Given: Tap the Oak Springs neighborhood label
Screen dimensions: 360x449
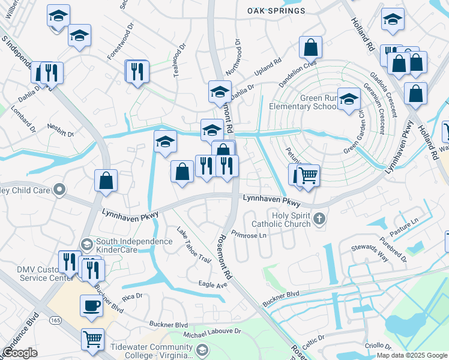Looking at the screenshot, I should [276, 11].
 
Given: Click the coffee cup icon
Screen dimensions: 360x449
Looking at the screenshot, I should [92, 305].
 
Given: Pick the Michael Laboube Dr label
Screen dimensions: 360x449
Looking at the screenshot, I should [212, 331].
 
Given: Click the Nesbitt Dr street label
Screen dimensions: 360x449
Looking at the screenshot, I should [61, 131].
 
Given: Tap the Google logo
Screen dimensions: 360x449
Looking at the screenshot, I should [20, 353].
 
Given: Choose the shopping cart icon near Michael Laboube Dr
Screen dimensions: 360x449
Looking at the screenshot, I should [92, 340].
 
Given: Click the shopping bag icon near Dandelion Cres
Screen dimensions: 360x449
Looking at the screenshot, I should [310, 47].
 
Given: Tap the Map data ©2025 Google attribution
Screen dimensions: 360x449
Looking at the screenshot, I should [411, 355].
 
